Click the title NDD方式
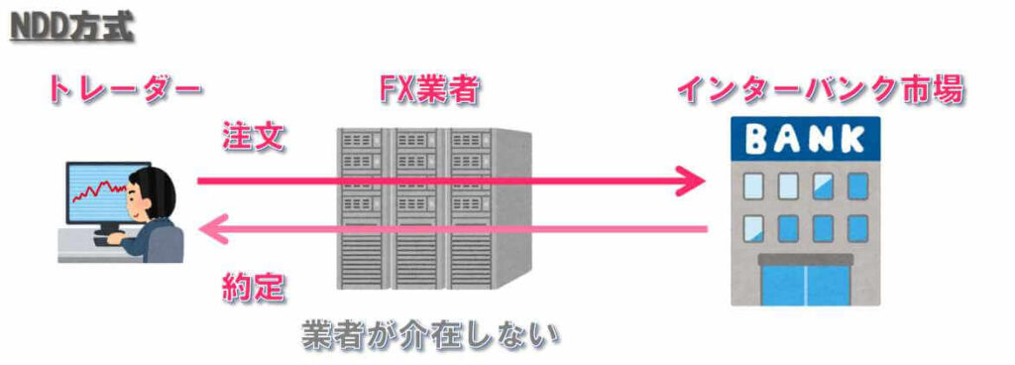71,24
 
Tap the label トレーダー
123,91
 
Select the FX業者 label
430,91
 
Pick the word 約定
254,287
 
